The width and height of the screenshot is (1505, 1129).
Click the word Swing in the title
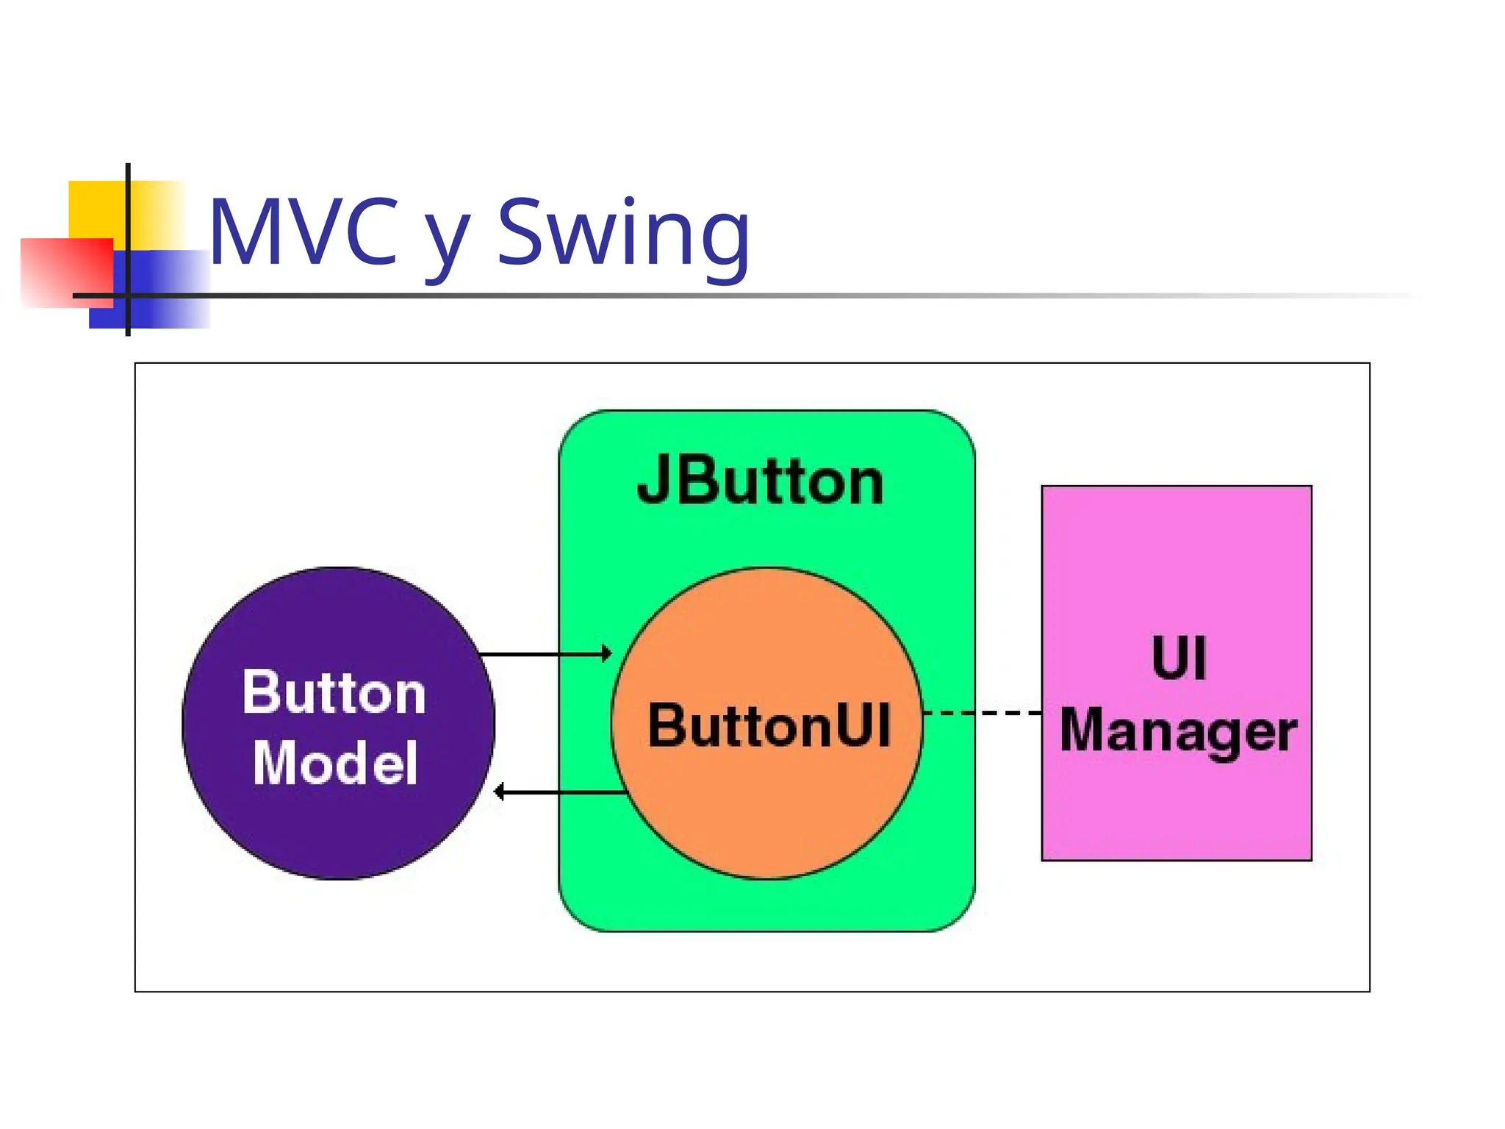point(623,234)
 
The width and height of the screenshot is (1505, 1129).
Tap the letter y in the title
point(447,243)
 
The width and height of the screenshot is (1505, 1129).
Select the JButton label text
point(760,481)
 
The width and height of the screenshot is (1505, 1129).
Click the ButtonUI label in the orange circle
point(769,725)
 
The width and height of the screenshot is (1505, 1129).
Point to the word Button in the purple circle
point(334,692)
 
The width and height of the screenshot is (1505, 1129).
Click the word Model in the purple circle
point(335,763)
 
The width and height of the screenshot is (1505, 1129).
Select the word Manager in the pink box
point(1178,731)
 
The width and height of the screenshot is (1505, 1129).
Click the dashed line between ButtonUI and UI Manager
point(982,713)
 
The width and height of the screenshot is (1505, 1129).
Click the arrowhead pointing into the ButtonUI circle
point(607,653)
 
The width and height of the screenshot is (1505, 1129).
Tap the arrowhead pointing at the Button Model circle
point(499,792)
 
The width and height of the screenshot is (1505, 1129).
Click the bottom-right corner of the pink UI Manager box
point(1310,859)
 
